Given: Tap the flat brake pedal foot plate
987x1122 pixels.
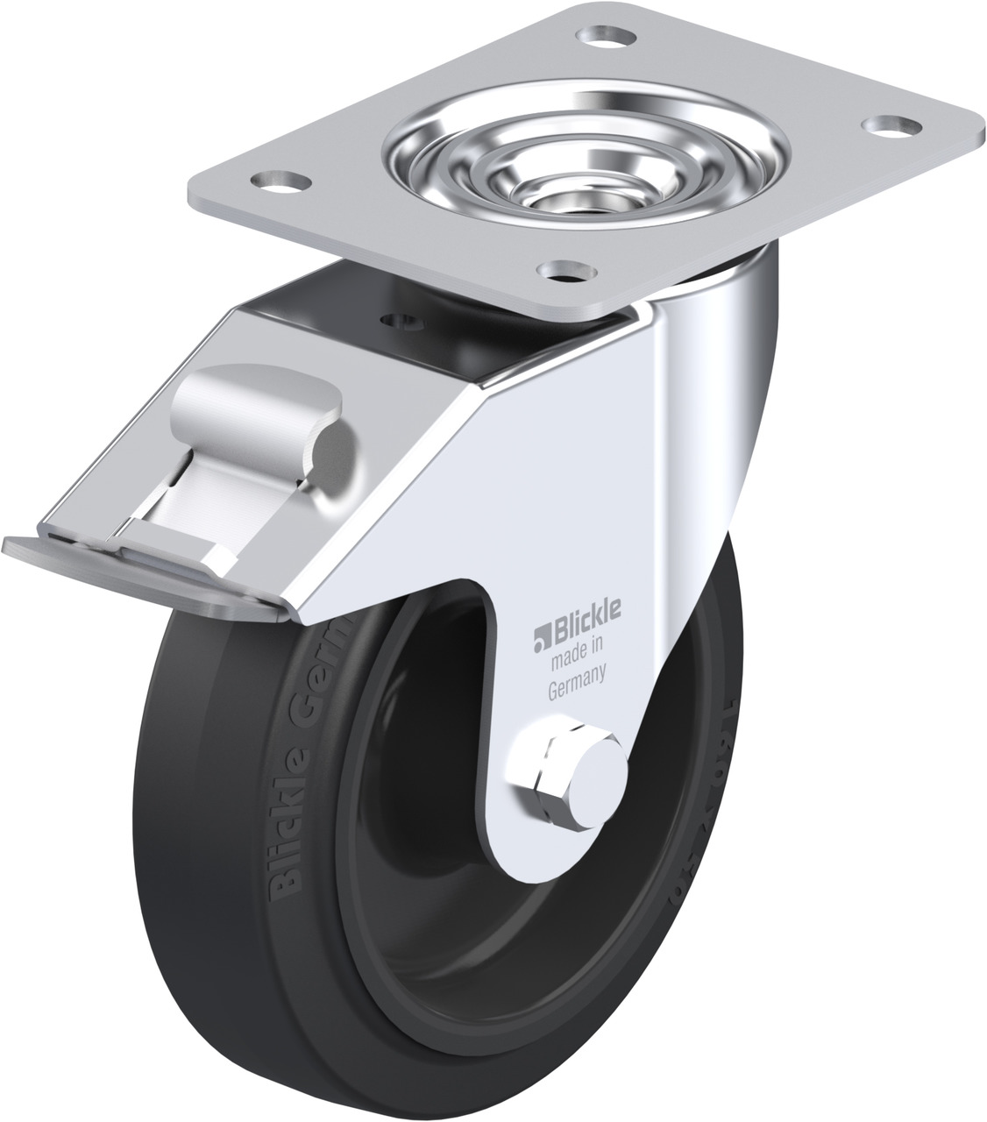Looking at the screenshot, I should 131,571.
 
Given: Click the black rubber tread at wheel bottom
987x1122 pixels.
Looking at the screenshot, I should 438,1083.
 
